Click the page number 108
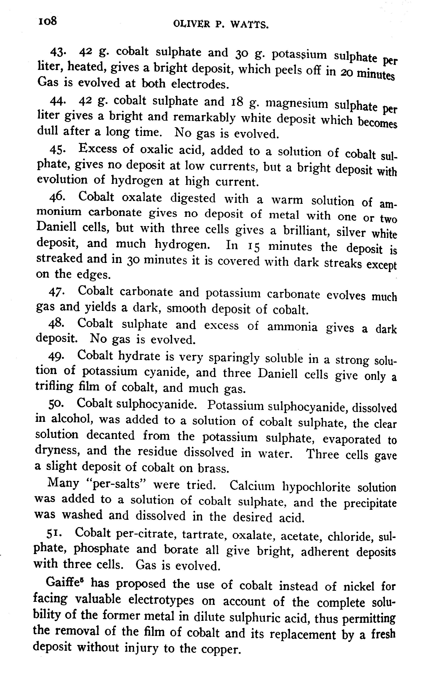point(48,21)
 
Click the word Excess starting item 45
point(98,149)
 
